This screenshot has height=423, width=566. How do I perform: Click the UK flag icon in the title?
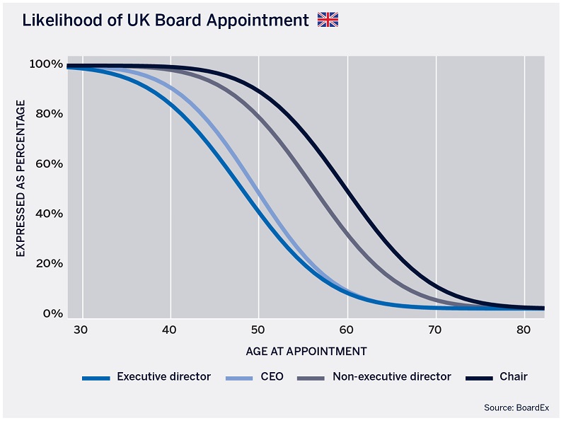[328, 20]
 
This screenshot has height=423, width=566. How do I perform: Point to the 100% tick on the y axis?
[46, 64]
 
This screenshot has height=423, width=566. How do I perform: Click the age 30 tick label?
[80, 329]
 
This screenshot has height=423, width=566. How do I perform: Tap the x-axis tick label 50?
[258, 329]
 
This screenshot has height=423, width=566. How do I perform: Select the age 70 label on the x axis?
[436, 329]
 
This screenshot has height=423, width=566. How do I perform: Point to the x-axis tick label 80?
[524, 329]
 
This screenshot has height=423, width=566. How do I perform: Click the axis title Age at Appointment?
[306, 351]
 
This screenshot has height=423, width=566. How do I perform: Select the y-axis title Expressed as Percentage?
[21, 178]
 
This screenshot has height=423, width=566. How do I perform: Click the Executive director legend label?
[163, 377]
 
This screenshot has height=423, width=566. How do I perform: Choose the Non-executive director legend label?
[391, 377]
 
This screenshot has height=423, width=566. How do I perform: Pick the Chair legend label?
[514, 377]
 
